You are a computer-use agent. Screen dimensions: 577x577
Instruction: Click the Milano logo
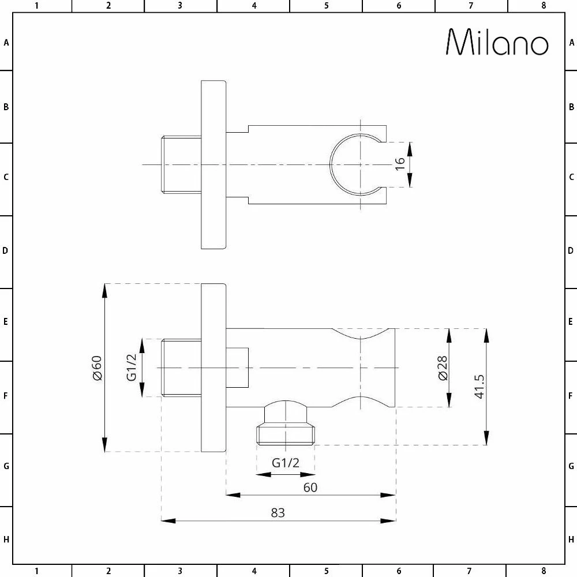click(x=497, y=42)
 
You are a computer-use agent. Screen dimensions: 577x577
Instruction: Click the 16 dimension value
click(x=400, y=164)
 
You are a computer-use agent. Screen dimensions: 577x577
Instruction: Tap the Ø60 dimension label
click(x=96, y=368)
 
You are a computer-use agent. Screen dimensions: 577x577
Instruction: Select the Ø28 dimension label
click(x=442, y=368)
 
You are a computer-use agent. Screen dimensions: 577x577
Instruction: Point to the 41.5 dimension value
click(x=478, y=387)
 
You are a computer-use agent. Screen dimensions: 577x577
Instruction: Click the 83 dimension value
click(x=278, y=512)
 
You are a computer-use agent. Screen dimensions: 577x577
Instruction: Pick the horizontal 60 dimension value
click(x=310, y=487)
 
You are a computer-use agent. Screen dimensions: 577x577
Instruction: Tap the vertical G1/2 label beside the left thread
click(x=132, y=368)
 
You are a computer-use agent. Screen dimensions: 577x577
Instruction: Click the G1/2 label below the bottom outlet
click(x=286, y=463)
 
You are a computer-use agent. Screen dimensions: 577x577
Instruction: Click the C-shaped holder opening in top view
click(x=352, y=164)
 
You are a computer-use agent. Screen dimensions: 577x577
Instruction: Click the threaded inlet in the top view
click(x=181, y=164)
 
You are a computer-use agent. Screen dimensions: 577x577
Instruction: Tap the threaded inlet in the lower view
click(x=181, y=368)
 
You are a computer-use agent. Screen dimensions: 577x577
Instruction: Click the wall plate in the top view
click(x=213, y=164)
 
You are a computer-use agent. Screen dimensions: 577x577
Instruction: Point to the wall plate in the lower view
click(x=213, y=368)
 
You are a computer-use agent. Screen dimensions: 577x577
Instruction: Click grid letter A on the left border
click(x=6, y=42)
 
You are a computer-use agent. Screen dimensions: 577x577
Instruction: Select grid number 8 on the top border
click(x=543, y=6)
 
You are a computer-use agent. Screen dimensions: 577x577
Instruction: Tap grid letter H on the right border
click(x=571, y=539)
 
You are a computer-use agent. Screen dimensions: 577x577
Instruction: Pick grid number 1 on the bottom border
click(x=36, y=571)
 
